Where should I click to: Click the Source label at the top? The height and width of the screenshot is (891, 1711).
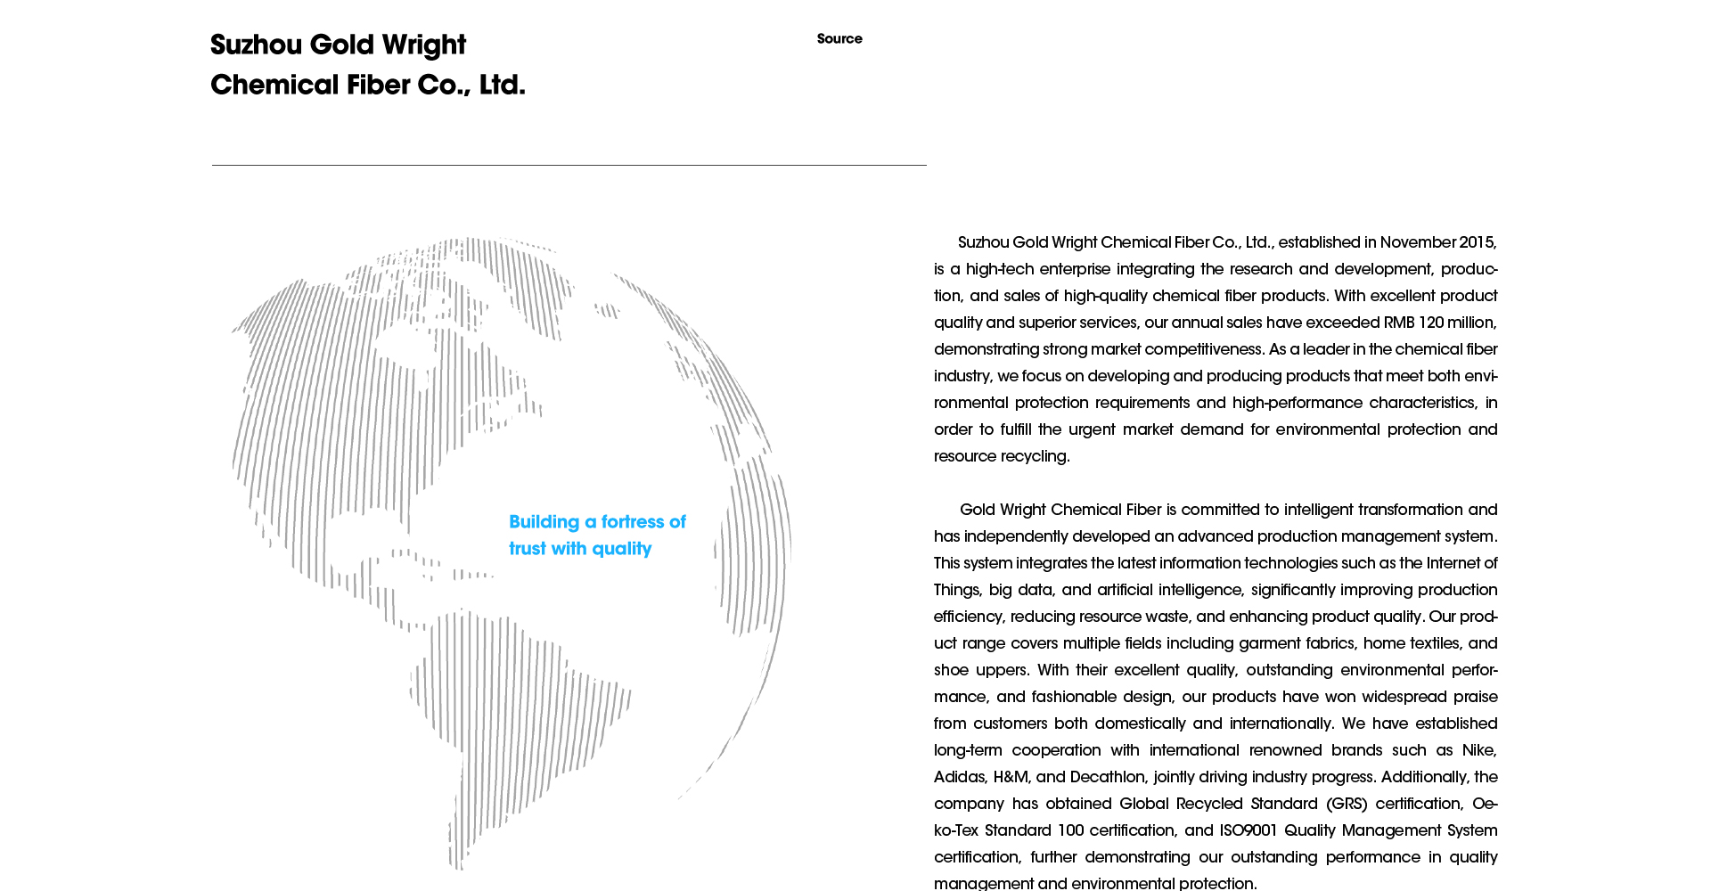pyautogui.click(x=839, y=39)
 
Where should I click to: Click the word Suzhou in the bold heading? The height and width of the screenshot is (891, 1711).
pyautogui.click(x=256, y=45)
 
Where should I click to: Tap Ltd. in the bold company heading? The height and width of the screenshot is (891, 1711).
pyautogui.click(x=502, y=86)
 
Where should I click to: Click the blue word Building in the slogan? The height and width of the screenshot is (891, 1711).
pyautogui.click(x=544, y=522)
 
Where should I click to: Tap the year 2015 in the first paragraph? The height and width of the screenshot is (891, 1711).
pyautogui.click(x=1477, y=242)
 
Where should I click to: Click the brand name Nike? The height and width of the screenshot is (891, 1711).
pyautogui.click(x=1478, y=750)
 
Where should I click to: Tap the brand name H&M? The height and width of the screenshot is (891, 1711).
pyautogui.click(x=1011, y=777)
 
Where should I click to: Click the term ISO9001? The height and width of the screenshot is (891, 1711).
pyautogui.click(x=1248, y=830)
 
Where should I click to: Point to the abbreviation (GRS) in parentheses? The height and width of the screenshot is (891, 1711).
pyautogui.click(x=1346, y=804)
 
